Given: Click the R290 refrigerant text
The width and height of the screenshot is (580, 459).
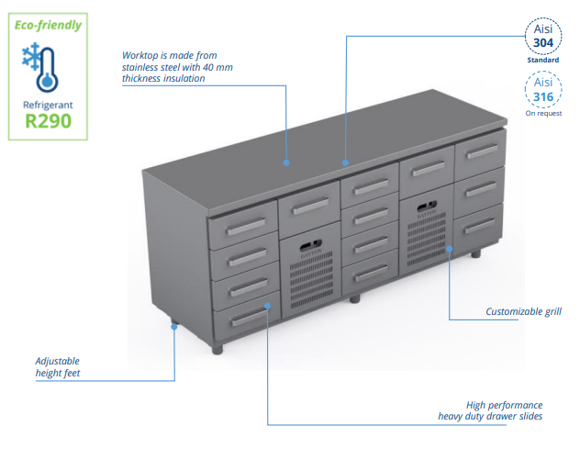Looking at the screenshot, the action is (48, 121).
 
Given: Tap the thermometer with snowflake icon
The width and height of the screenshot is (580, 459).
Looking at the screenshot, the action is (39, 67).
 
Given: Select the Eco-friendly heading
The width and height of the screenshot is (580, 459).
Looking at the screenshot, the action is (48, 25).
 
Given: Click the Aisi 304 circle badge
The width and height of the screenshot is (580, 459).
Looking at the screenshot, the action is (543, 36).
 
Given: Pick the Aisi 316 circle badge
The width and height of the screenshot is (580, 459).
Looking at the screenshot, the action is (543, 90).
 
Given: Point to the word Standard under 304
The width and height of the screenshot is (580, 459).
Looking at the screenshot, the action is (543, 60).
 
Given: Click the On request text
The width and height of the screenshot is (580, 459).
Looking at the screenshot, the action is (543, 113).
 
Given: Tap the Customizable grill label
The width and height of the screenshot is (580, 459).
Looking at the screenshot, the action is (523, 312).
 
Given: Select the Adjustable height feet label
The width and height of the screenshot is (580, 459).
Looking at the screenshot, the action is (57, 367).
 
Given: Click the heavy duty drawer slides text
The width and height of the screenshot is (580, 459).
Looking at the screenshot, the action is (490, 417).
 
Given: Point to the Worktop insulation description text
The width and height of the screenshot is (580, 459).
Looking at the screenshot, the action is (177, 67).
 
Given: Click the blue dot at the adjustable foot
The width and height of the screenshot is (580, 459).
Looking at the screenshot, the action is (174, 327).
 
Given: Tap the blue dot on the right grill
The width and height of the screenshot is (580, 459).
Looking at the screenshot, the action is (449, 249).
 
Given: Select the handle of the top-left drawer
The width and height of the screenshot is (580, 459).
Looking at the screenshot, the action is (246, 226).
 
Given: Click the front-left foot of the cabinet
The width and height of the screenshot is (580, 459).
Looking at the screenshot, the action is (217, 349).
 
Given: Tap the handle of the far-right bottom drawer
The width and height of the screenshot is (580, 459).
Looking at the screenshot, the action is (479, 226).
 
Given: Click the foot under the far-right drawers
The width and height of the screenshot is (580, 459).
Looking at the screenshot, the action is (475, 253).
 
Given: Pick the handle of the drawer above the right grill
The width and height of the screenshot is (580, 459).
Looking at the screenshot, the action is (429, 169).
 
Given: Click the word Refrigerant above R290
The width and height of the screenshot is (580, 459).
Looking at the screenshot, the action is (48, 106).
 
